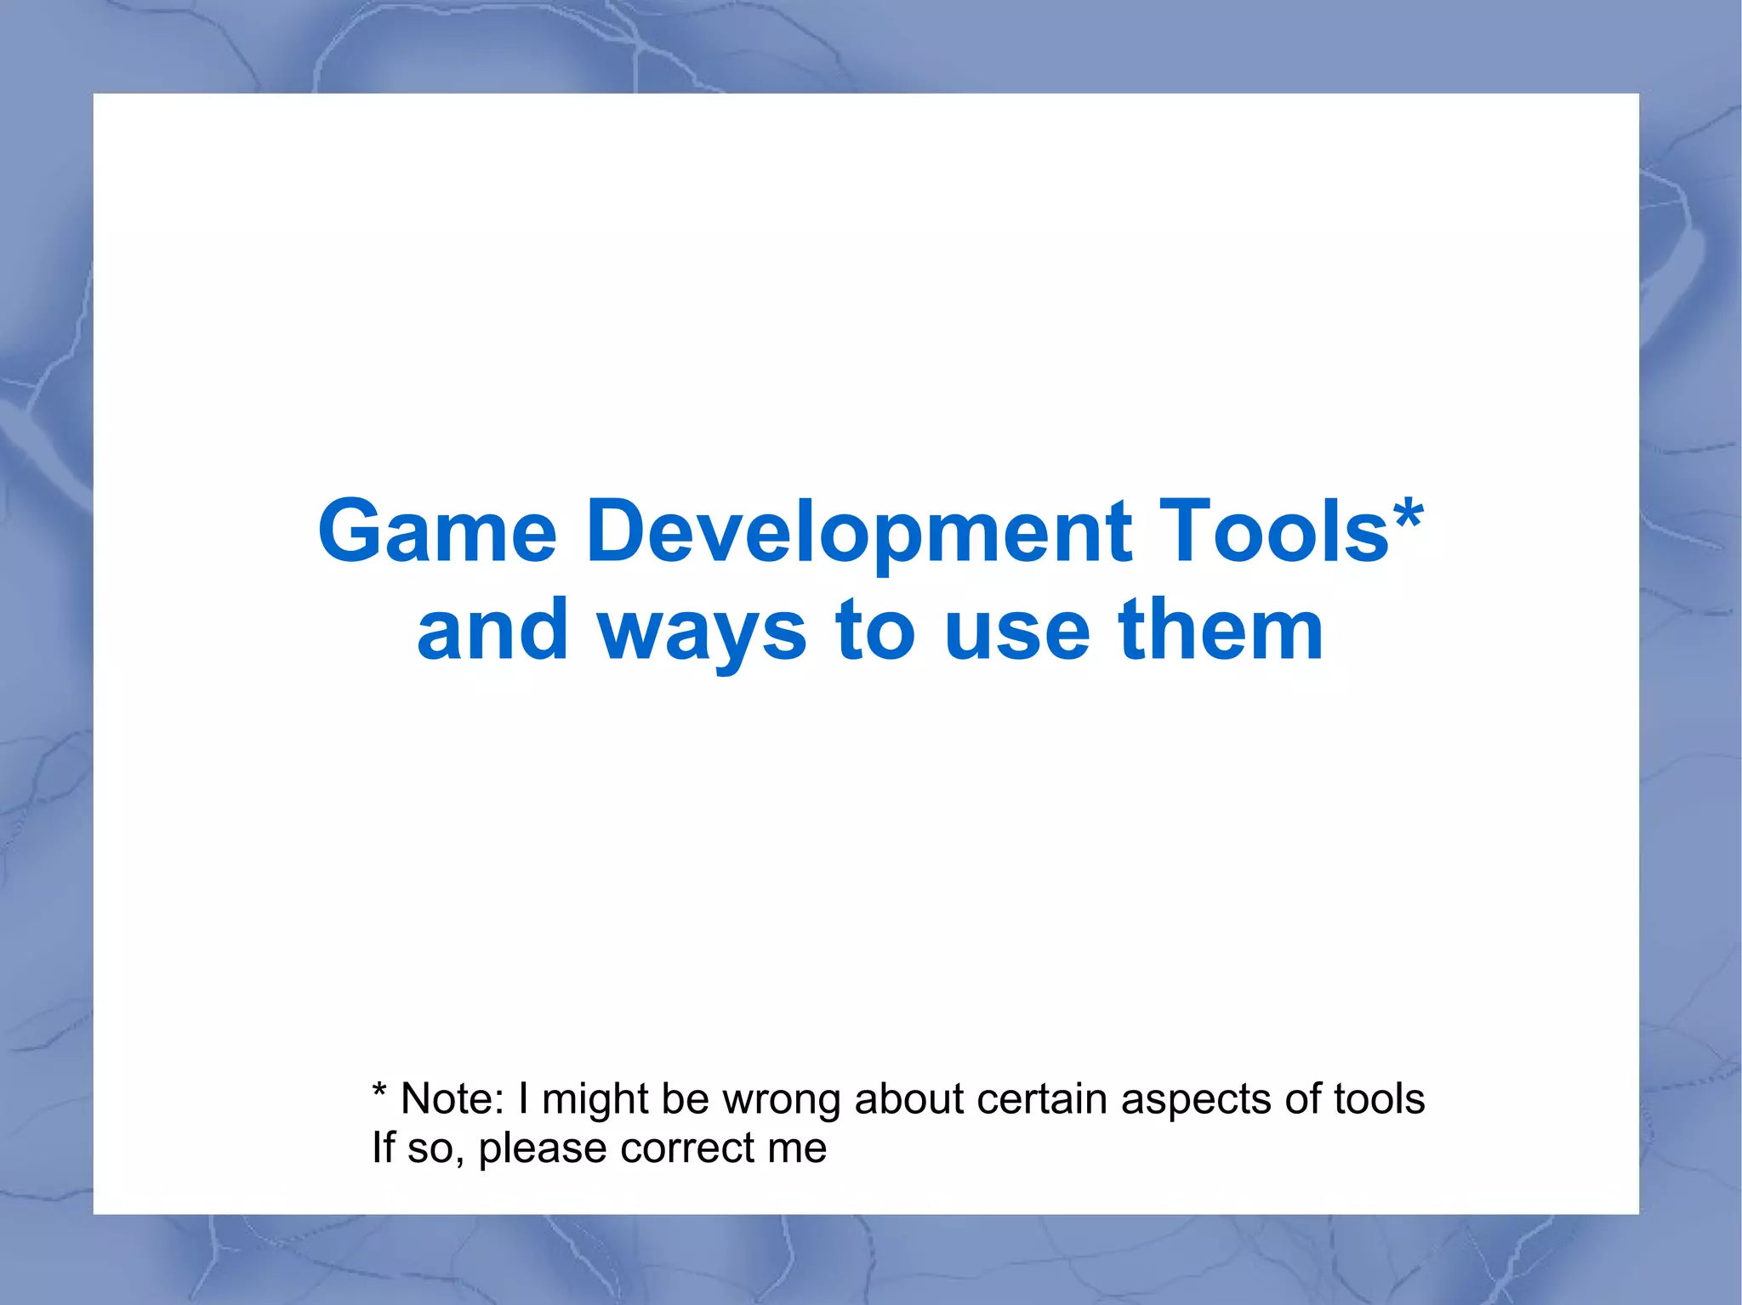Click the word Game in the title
[438, 531]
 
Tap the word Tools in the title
[1273, 531]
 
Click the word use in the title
[1016, 631]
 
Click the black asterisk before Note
[379, 1092]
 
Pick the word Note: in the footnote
[453, 1098]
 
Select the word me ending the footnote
[797, 1149]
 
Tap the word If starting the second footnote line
[383, 1148]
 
